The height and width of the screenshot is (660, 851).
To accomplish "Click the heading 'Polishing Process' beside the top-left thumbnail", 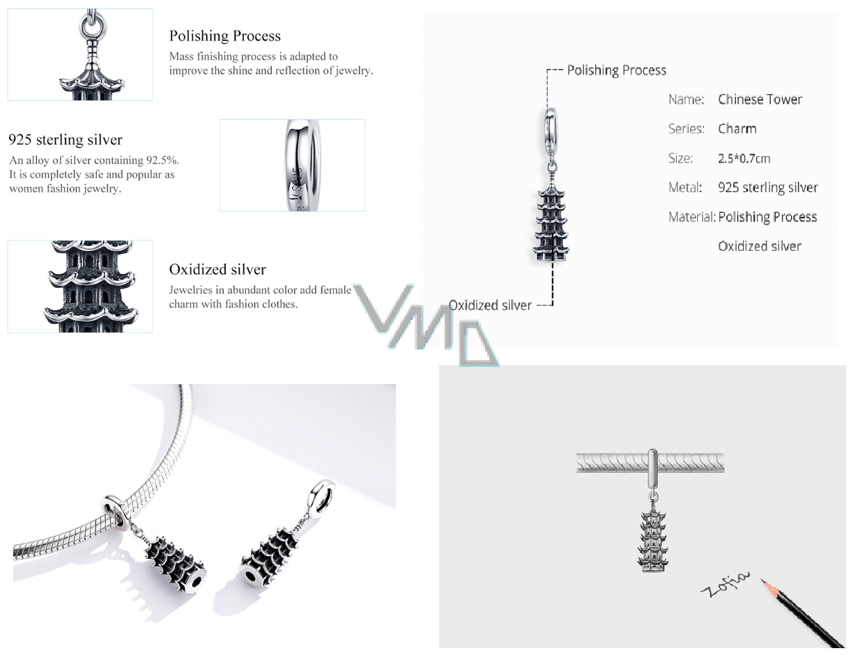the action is tap(225, 36).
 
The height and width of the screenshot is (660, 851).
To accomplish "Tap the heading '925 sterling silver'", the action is tap(66, 140).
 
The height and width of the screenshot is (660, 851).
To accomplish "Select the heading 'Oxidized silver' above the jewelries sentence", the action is tap(217, 269).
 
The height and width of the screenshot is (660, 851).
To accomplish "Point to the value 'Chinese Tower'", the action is tap(760, 100).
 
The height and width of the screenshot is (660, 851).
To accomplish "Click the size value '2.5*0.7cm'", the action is tap(744, 158).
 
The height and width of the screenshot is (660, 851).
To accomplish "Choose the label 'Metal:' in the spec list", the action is tap(685, 187).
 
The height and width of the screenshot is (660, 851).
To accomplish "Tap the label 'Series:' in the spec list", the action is tap(686, 129).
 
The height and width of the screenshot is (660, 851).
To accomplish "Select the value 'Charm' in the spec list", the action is tap(737, 129).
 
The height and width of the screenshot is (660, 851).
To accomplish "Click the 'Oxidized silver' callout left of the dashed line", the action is tap(490, 305).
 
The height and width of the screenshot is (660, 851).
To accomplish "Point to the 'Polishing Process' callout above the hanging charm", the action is tap(616, 70).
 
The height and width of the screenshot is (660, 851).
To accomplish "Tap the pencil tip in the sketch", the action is tap(762, 581).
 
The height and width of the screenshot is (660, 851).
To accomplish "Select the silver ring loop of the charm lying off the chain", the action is tap(322, 496).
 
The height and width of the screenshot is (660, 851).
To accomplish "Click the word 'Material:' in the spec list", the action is tap(691, 217).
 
